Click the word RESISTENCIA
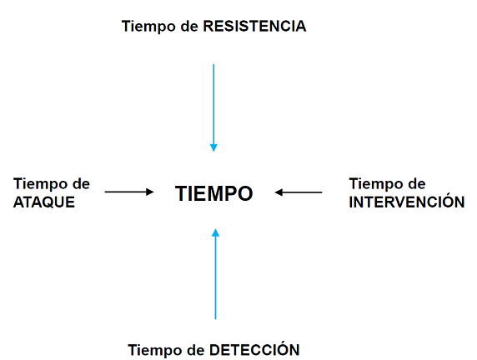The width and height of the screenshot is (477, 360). (254, 26)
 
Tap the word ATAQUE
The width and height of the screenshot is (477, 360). (44, 202)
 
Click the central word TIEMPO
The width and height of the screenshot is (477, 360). (213, 193)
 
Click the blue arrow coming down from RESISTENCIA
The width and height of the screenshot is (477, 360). (213, 107)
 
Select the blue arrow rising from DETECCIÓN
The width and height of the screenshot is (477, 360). (215, 274)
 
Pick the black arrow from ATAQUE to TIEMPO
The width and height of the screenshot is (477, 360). (129, 192)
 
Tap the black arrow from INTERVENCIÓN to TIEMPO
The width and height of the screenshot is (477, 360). (299, 192)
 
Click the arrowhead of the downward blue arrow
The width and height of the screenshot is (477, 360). (213, 147)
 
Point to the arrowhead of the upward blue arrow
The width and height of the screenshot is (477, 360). (215, 232)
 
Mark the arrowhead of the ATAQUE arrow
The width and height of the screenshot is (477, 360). (150, 192)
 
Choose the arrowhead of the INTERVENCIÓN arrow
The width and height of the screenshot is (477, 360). (279, 192)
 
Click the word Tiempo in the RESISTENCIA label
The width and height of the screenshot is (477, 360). (148, 27)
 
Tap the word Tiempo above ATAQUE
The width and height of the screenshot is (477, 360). (40, 184)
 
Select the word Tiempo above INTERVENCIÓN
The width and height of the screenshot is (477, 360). (376, 184)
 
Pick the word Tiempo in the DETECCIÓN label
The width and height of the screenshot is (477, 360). (155, 350)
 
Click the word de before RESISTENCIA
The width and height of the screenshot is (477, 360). (189, 26)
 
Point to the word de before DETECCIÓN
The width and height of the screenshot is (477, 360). (196, 350)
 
